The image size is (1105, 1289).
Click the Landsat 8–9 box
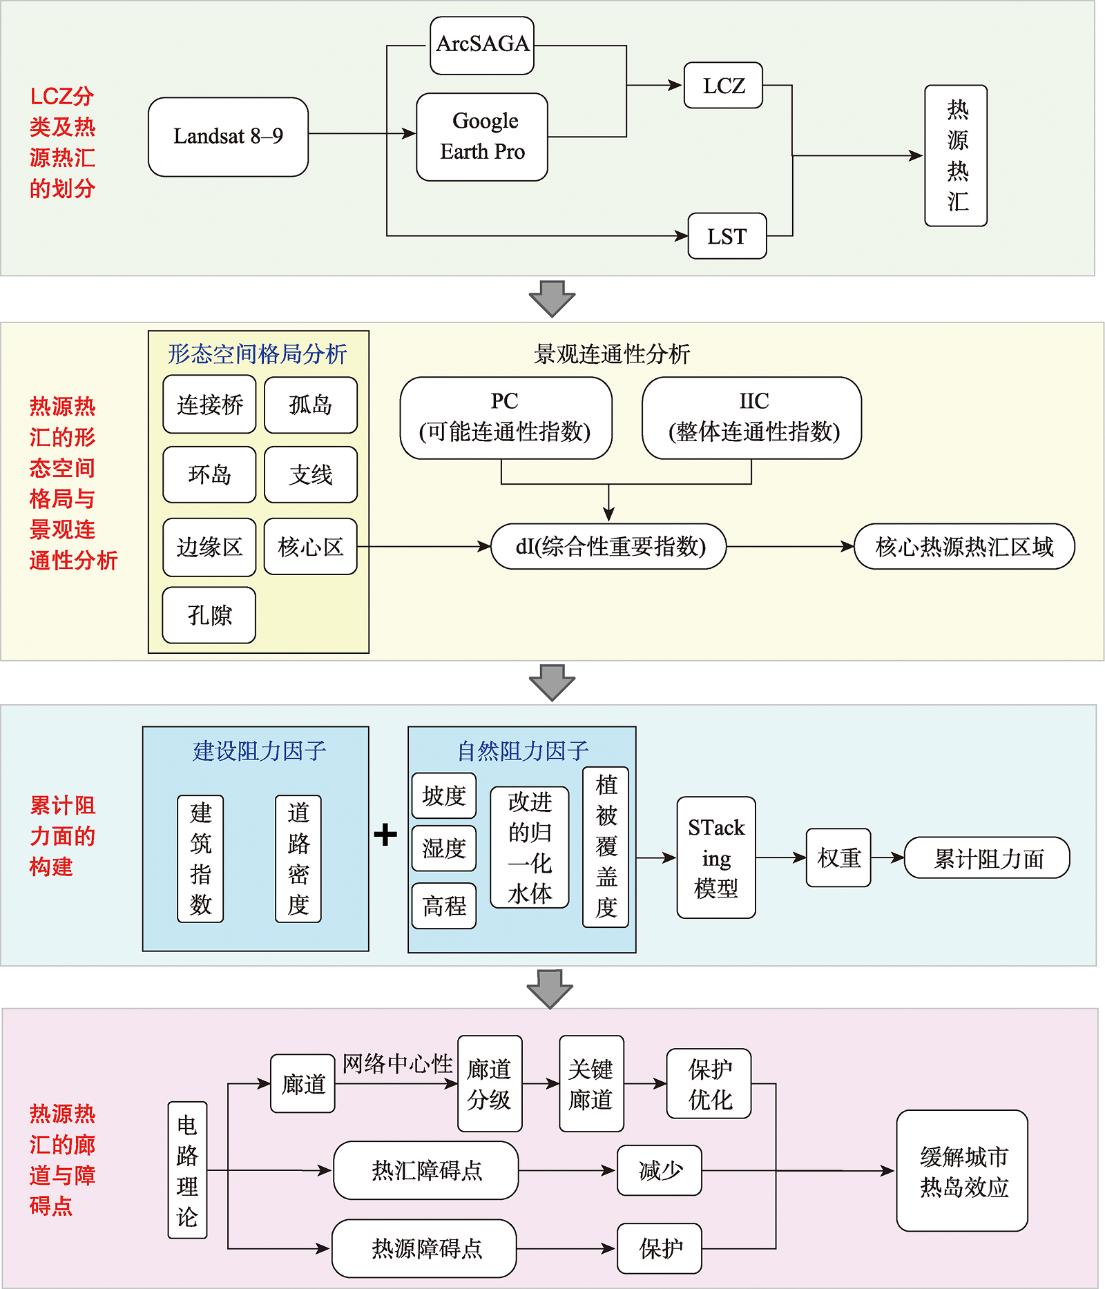(228, 137)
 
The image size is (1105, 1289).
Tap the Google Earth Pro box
(482, 137)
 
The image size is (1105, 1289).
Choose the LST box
(727, 236)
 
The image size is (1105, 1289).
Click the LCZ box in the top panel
(723, 86)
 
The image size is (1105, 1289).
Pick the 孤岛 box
(311, 405)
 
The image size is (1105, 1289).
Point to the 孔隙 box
(209, 615)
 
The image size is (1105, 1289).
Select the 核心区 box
(311, 547)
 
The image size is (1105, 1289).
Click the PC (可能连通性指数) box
(506, 418)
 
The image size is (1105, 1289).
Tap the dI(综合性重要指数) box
(608, 547)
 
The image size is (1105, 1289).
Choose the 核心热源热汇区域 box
(964, 547)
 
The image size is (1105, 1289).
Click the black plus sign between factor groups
(385, 835)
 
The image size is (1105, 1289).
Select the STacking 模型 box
(716, 857)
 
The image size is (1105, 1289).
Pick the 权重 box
(838, 857)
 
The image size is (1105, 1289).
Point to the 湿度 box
(444, 849)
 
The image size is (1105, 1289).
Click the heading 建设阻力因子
(259, 750)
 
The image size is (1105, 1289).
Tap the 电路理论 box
(187, 1170)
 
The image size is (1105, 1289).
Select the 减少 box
(660, 1170)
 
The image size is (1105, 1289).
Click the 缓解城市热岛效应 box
(962, 1171)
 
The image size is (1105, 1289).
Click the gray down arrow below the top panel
(552, 298)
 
